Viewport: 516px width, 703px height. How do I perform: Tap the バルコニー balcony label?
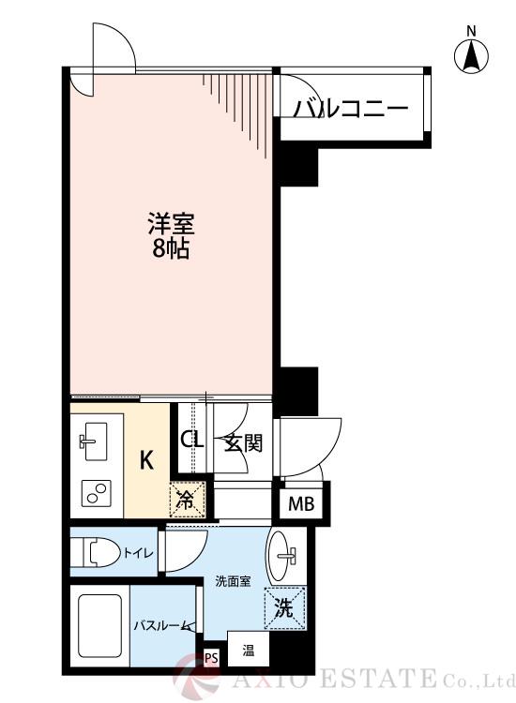tap(352, 110)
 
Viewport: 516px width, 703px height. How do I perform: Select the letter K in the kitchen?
tap(147, 460)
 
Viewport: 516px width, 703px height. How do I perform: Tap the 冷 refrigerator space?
tap(186, 498)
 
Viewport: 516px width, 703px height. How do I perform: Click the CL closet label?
tap(192, 440)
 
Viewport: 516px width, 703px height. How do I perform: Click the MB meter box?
tap(301, 504)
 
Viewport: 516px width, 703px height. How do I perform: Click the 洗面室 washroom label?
tap(230, 581)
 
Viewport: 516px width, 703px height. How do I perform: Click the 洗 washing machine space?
tap(283, 607)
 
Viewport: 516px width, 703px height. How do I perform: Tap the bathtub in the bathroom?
tap(100, 627)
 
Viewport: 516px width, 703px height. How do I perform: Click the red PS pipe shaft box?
tap(211, 657)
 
